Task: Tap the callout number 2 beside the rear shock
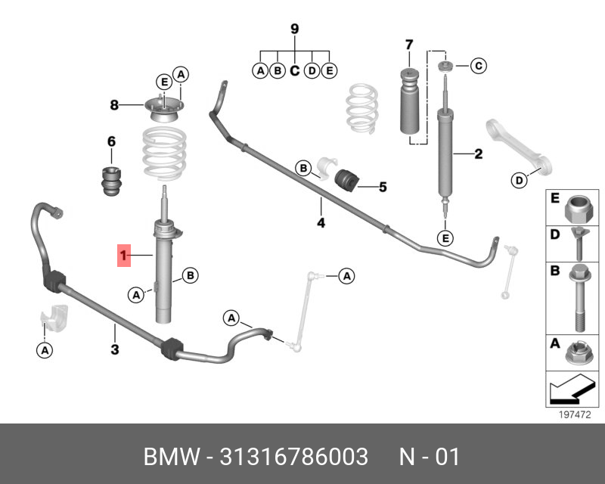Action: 478,155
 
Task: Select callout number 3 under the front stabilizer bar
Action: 115,349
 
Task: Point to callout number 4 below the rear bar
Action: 321,223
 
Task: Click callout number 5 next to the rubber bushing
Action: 383,186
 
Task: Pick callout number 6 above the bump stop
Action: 110,141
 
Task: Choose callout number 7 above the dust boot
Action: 408,43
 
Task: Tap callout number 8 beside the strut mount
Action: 114,105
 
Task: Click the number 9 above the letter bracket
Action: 295,29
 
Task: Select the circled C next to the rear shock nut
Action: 478,67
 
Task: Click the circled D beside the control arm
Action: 518,180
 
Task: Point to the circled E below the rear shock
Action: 445,239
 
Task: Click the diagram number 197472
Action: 573,415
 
